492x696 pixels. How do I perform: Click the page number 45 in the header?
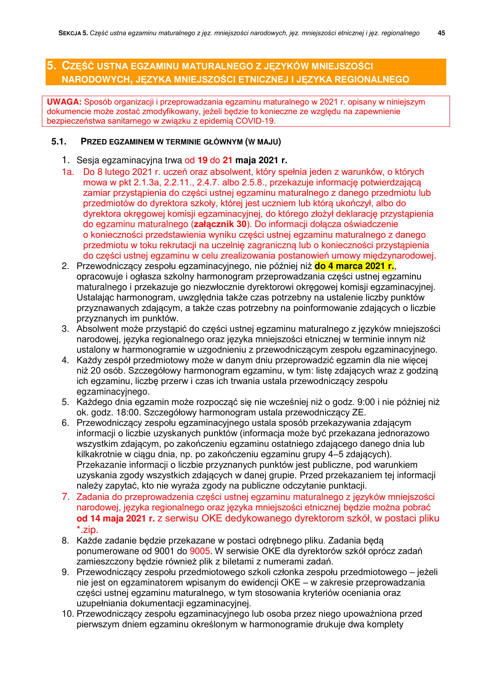(x=441, y=33)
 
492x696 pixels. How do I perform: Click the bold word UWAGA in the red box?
(x=64, y=102)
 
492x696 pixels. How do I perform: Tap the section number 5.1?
(x=59, y=142)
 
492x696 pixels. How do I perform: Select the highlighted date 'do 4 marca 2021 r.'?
(x=354, y=266)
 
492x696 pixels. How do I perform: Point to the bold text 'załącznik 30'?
(x=220, y=224)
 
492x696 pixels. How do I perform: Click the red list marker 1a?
(x=68, y=172)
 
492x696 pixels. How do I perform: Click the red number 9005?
(x=200, y=551)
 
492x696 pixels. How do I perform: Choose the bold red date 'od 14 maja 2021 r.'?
(x=115, y=518)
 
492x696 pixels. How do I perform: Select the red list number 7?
(x=65, y=497)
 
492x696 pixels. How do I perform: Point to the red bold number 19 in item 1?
(x=202, y=160)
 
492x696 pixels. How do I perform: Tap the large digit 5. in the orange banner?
(x=51, y=66)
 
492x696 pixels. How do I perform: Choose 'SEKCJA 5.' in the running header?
(x=73, y=33)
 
